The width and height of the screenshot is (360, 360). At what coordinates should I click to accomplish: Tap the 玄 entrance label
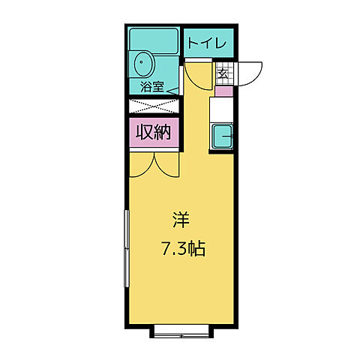click(x=223, y=73)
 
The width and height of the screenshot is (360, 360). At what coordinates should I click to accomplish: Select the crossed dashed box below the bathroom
click(x=154, y=105)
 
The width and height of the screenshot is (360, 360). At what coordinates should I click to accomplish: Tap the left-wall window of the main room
click(x=127, y=247)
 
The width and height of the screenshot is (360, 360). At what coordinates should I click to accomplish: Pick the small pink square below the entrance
click(x=223, y=91)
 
